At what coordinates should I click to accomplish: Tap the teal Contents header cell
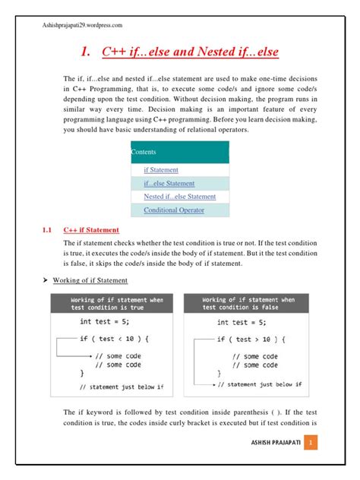[179, 152]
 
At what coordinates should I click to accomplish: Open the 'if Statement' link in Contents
[161, 170]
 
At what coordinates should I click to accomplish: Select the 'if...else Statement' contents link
[169, 183]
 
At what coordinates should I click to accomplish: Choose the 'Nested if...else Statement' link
[179, 197]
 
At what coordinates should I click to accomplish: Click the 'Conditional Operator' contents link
[173, 210]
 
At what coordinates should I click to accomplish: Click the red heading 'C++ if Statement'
[90, 229]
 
